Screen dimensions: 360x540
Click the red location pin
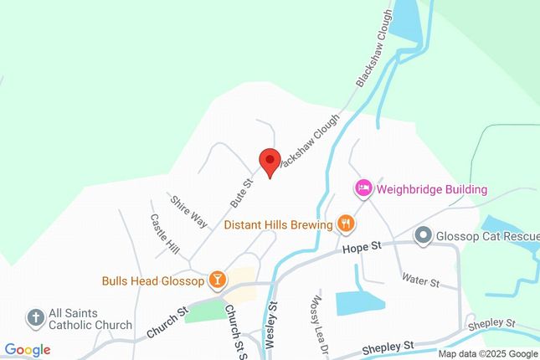269,160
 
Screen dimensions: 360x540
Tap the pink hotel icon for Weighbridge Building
363,188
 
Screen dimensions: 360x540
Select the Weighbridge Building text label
431,189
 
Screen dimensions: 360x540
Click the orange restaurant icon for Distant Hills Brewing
345,223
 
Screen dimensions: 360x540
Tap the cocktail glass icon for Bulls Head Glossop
217,280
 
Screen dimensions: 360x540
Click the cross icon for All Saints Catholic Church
35,317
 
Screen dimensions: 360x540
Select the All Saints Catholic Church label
90,318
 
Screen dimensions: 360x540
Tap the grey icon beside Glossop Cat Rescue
423,236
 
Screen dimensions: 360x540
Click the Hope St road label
362,248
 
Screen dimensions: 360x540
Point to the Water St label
420,280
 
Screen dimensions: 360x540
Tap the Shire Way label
188,211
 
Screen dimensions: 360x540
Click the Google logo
27,350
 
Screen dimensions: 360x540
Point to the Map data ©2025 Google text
487,354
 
